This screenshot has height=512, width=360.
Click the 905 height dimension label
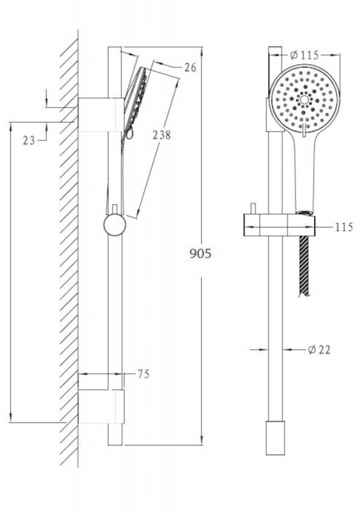pos(200,253)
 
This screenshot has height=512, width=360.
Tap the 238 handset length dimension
pos(161,135)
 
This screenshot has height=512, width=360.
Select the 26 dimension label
pos(190,68)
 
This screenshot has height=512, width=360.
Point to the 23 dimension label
pos(29,140)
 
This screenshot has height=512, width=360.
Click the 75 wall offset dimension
pos(143,374)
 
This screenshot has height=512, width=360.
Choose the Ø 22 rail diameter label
pos(319,349)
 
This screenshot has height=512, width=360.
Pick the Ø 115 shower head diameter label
pos(304,55)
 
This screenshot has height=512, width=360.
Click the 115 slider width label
pos(345,227)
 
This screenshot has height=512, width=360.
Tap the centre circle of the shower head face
pos(304,100)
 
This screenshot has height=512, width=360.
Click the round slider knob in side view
pos(115,225)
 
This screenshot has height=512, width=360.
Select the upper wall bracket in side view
pos(101,115)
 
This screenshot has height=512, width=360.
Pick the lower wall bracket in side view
pos(101,406)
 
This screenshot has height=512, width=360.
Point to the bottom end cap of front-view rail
pos(275,438)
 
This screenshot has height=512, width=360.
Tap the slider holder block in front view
pos(279,225)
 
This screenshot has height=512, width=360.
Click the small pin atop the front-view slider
pos(253,209)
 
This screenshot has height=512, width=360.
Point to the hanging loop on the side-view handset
pos(130,134)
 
